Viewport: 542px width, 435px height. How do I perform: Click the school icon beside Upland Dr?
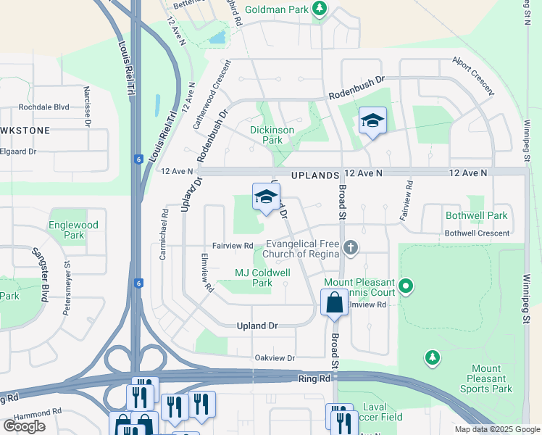(x=266, y=196)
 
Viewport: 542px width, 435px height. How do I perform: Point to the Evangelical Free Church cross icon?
(x=351, y=248)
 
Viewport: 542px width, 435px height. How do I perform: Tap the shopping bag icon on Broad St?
(x=334, y=302)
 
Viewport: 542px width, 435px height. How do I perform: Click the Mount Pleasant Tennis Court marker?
(x=406, y=286)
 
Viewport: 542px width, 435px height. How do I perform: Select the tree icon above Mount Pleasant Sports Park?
(x=432, y=357)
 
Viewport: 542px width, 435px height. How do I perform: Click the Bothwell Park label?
(x=476, y=216)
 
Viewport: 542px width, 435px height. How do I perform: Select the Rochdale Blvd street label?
(x=44, y=107)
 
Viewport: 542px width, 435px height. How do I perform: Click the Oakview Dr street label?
(x=275, y=358)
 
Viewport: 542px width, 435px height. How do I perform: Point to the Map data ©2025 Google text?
(x=496, y=429)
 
